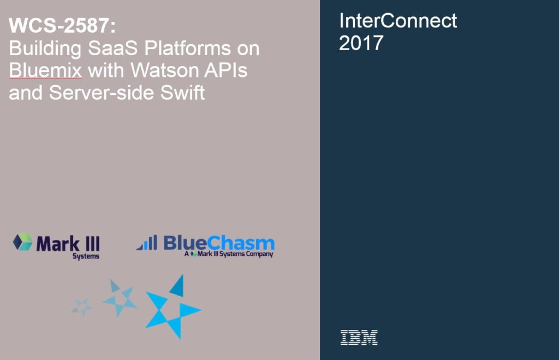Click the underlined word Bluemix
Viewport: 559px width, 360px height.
46,70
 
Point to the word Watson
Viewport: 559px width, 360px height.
164,70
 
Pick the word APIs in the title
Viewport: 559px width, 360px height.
226,70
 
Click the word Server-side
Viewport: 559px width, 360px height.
101,93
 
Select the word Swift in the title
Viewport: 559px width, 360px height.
182,93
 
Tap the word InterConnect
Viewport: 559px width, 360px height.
398,21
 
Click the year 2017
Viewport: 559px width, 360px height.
361,43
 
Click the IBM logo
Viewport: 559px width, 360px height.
359,337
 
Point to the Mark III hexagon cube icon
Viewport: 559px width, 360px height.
22,242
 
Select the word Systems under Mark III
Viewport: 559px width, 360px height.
86,256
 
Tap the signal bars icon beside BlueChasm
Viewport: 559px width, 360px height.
147,243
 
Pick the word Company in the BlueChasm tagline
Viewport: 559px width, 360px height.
259,254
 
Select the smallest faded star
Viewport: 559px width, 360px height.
82,307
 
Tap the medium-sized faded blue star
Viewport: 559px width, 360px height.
120,298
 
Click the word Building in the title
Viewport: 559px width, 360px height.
45,49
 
